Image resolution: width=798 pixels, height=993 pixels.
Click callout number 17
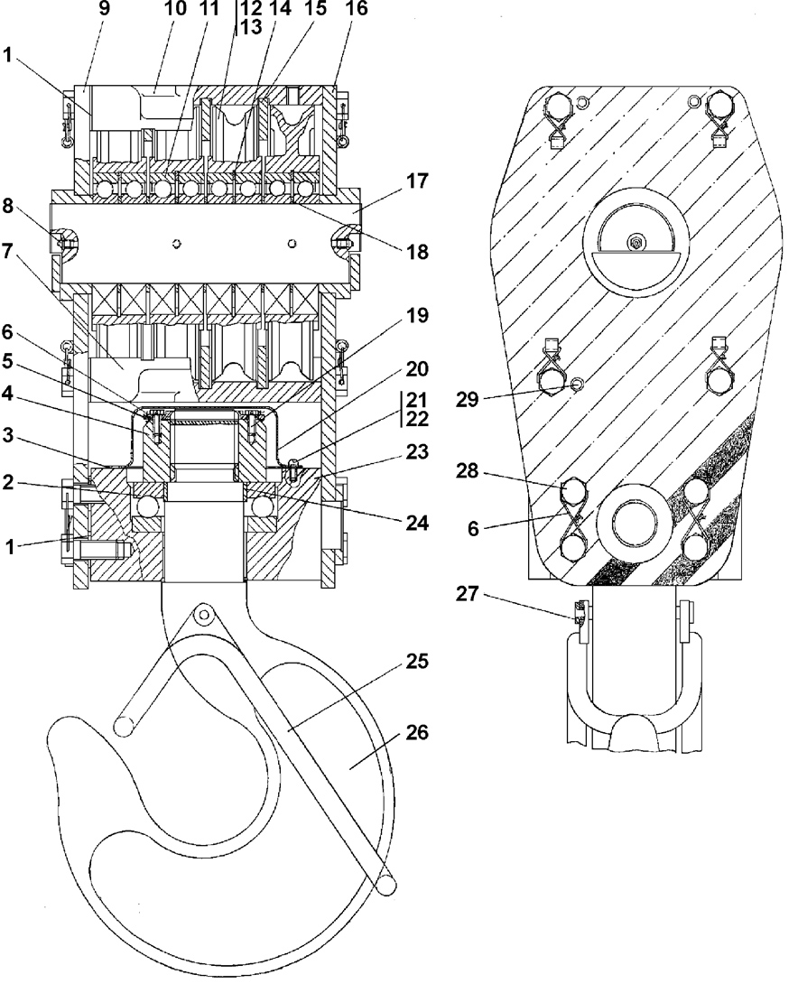[x=417, y=181]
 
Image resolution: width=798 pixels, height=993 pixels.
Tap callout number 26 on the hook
[x=418, y=733]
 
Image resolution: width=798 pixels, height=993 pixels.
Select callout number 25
[x=418, y=662]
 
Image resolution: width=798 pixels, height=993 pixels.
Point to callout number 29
[x=468, y=400]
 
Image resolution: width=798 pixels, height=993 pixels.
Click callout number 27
[x=468, y=595]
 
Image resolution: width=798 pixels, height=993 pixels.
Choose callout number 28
[x=468, y=472]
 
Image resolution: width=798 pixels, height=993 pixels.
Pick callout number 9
[x=104, y=8]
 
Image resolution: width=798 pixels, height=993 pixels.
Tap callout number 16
[x=357, y=8]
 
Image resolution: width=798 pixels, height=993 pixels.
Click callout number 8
[x=7, y=207]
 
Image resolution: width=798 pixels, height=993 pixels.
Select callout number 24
[x=417, y=523]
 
